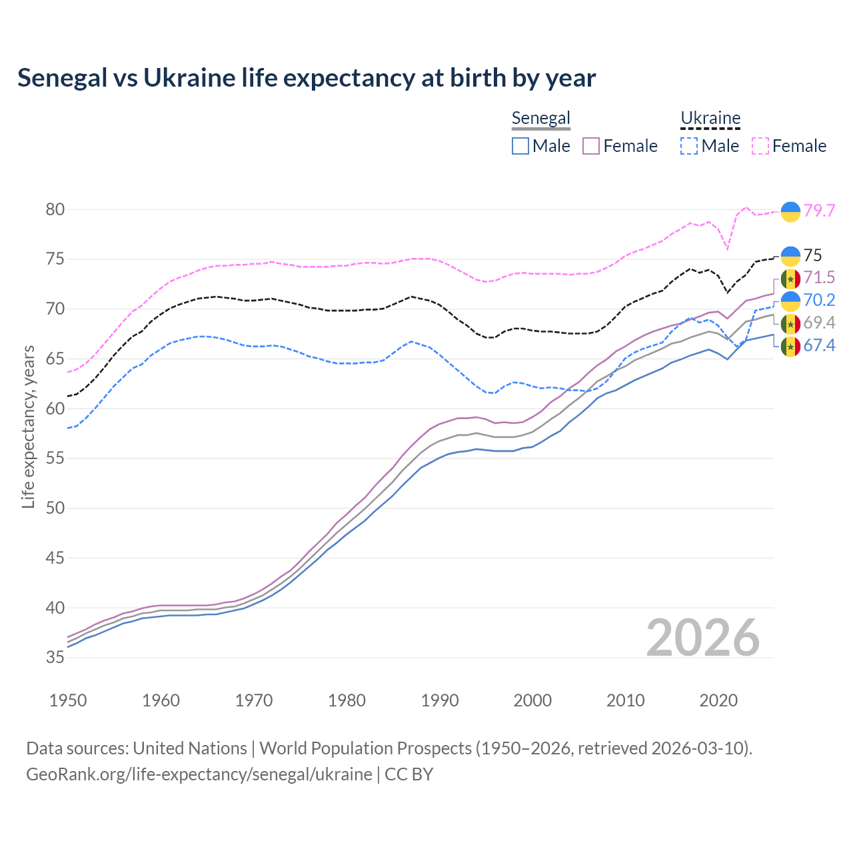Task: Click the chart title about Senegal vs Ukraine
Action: (307, 78)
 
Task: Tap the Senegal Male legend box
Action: (520, 146)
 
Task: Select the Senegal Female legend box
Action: (592, 146)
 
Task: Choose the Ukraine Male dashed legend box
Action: (689, 146)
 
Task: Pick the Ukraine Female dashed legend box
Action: (760, 146)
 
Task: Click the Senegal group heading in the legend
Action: (540, 119)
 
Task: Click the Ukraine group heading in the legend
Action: (710, 119)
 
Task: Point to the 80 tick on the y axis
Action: (55, 209)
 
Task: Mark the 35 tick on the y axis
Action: (55, 658)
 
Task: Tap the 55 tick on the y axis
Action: (55, 458)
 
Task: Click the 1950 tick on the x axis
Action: (68, 700)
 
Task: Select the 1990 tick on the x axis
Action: (440, 700)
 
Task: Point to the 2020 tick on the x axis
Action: (718, 700)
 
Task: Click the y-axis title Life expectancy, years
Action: (28, 426)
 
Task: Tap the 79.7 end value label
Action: (819, 211)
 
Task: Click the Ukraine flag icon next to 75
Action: (790, 256)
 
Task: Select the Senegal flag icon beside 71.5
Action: (790, 278)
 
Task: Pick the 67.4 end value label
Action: (819, 345)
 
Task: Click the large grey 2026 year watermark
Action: (703, 638)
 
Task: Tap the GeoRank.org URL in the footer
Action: (199, 774)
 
